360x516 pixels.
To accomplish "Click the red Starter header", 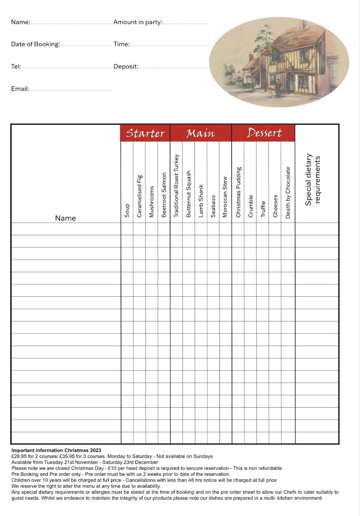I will point(145,133).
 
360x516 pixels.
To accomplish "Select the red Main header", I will point(200,133).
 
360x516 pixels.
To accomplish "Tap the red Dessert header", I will point(264,133).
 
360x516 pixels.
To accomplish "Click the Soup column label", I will point(127,211).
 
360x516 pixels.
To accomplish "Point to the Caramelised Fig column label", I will point(139,196).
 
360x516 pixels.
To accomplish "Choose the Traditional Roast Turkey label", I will point(176,185).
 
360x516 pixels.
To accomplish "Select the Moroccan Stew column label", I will point(225,197).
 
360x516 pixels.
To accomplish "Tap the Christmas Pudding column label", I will point(239,192).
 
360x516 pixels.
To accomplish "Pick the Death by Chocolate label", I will point(288,192).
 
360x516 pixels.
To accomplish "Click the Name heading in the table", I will point(65,218).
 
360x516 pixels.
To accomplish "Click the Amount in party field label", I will point(138,22).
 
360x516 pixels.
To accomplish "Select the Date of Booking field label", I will point(36,44).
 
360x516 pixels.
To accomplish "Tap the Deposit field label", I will point(126,66).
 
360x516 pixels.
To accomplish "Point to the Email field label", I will point(20,89).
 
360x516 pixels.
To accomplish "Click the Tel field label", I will point(16,66).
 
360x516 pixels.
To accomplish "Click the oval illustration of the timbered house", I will point(280,62).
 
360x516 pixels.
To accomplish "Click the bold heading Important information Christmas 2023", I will point(56,450).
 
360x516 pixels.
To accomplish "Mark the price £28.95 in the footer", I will point(19,456).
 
